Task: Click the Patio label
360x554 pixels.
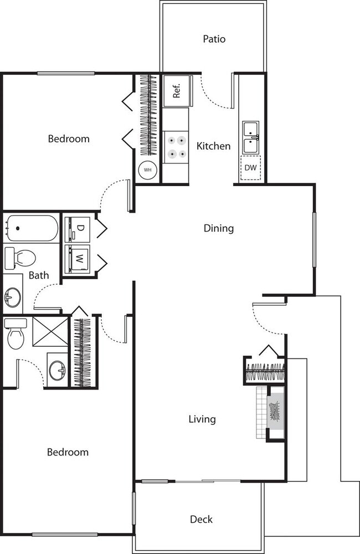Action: pos(214,39)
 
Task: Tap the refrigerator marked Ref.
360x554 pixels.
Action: pos(177,90)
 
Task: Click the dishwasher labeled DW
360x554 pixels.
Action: pos(250,168)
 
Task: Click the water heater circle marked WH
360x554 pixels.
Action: pos(148,170)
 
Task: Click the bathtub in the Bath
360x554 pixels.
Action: pos(32,228)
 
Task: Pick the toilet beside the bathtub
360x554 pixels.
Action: pos(19,258)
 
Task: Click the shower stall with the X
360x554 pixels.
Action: pos(50,331)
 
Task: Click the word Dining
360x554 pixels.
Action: pos(218,228)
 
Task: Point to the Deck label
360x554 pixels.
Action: pos(201,519)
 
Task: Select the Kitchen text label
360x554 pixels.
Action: pos(213,146)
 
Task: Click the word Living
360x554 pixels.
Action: pos(202,419)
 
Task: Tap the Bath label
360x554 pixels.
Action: pos(39,275)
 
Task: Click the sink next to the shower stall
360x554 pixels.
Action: pos(57,368)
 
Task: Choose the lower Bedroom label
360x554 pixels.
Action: pos(68,452)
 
